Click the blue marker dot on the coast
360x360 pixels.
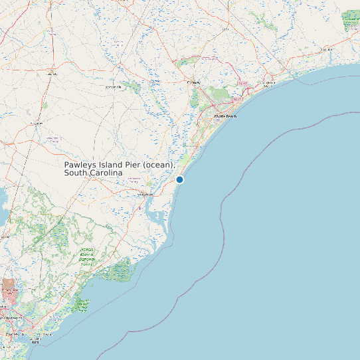(x=179, y=179)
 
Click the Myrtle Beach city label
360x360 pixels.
(x=225, y=116)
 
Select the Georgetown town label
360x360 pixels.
(x=145, y=195)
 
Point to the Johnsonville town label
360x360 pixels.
(x=112, y=87)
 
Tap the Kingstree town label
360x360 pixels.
(x=37, y=124)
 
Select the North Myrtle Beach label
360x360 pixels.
(x=268, y=84)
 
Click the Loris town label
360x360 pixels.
(x=226, y=29)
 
